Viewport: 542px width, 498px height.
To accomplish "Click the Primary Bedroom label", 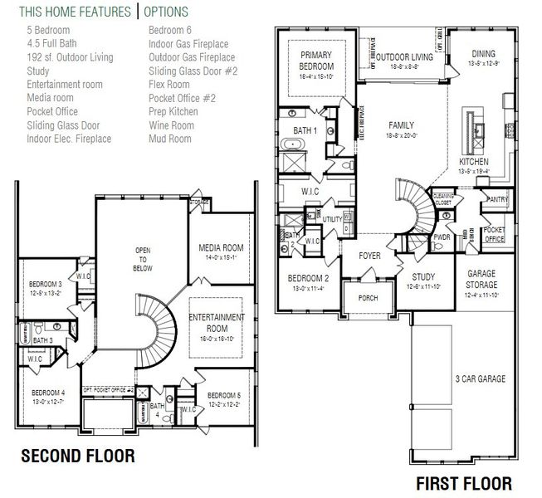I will click(x=316, y=61).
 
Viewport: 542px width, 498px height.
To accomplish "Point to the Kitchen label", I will click(x=474, y=161).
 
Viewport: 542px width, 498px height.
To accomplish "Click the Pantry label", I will click(x=498, y=199).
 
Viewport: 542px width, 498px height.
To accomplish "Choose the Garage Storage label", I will click(x=482, y=279).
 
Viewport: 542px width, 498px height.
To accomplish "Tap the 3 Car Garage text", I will click(x=480, y=379).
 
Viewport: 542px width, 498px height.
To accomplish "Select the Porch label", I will click(x=368, y=298).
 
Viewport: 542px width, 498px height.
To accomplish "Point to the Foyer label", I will click(x=369, y=256).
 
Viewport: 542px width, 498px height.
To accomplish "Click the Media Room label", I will click(x=220, y=247).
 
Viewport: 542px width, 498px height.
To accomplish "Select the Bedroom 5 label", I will click(x=223, y=395).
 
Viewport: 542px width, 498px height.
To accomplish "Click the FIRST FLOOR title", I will click(x=464, y=483).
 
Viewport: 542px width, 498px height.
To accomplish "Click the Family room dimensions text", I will click(x=401, y=135).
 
